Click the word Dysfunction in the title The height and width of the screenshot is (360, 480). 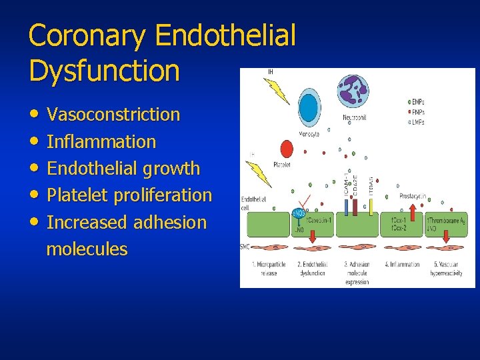[x=104, y=71]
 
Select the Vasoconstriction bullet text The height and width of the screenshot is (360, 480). [x=113, y=115]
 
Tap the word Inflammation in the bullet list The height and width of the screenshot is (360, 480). [x=101, y=142]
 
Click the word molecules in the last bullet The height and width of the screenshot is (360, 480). [x=87, y=249]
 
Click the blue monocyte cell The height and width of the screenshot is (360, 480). [x=308, y=107]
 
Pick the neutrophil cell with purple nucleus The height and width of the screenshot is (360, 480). [x=353, y=91]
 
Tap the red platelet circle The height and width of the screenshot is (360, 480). [x=287, y=149]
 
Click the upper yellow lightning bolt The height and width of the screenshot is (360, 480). [x=276, y=90]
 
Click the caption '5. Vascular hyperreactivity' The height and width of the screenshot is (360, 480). [x=448, y=268]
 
